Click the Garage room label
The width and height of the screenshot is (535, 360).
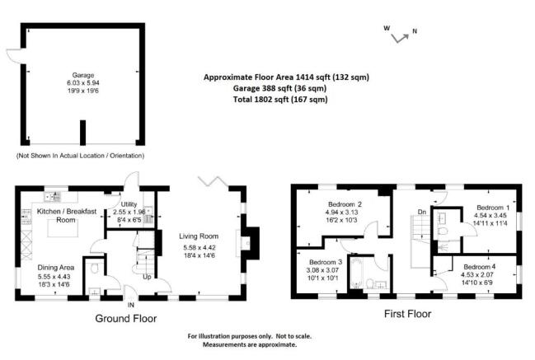coord(83,75)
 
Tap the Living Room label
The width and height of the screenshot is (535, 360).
coord(199,236)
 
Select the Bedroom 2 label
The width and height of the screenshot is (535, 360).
coord(345,204)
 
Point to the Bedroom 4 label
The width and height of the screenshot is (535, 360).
coord(480,267)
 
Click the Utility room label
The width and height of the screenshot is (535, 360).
coord(129,203)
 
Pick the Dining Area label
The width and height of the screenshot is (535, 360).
coord(55,268)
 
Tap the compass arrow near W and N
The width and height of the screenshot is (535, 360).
coord(400,38)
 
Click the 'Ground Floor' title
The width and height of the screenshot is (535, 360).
coord(126,319)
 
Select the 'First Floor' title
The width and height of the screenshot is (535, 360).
coord(408,314)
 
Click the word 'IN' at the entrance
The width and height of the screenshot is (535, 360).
coord(131,305)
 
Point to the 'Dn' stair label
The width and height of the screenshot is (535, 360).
coord(422,212)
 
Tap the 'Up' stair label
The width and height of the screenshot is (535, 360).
coord(147,277)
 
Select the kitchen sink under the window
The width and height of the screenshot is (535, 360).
coord(53,197)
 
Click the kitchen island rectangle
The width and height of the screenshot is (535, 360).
coord(63,228)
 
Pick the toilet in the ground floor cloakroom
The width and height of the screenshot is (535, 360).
coord(95,268)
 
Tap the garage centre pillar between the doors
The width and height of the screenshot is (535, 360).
coord(82,133)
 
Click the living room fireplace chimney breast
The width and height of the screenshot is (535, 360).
coord(251,243)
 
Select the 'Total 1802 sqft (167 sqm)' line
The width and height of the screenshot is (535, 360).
coord(280,99)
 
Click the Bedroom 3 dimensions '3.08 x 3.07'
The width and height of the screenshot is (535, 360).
coord(322,270)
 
